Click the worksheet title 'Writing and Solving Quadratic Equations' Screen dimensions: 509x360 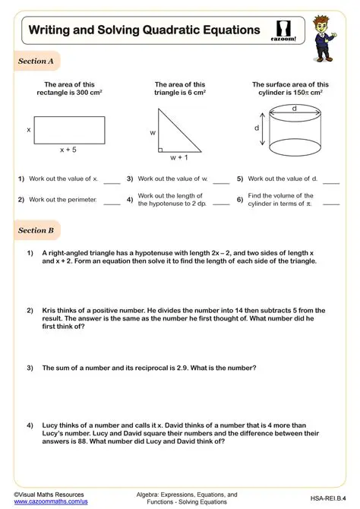[144, 30]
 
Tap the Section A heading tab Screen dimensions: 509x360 [36, 62]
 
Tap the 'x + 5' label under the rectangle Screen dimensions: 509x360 [68, 150]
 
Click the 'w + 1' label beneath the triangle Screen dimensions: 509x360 [179, 157]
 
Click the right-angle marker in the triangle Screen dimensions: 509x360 [161, 149]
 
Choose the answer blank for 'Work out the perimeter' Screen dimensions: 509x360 [112, 204]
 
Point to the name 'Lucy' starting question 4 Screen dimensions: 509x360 [50, 425]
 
